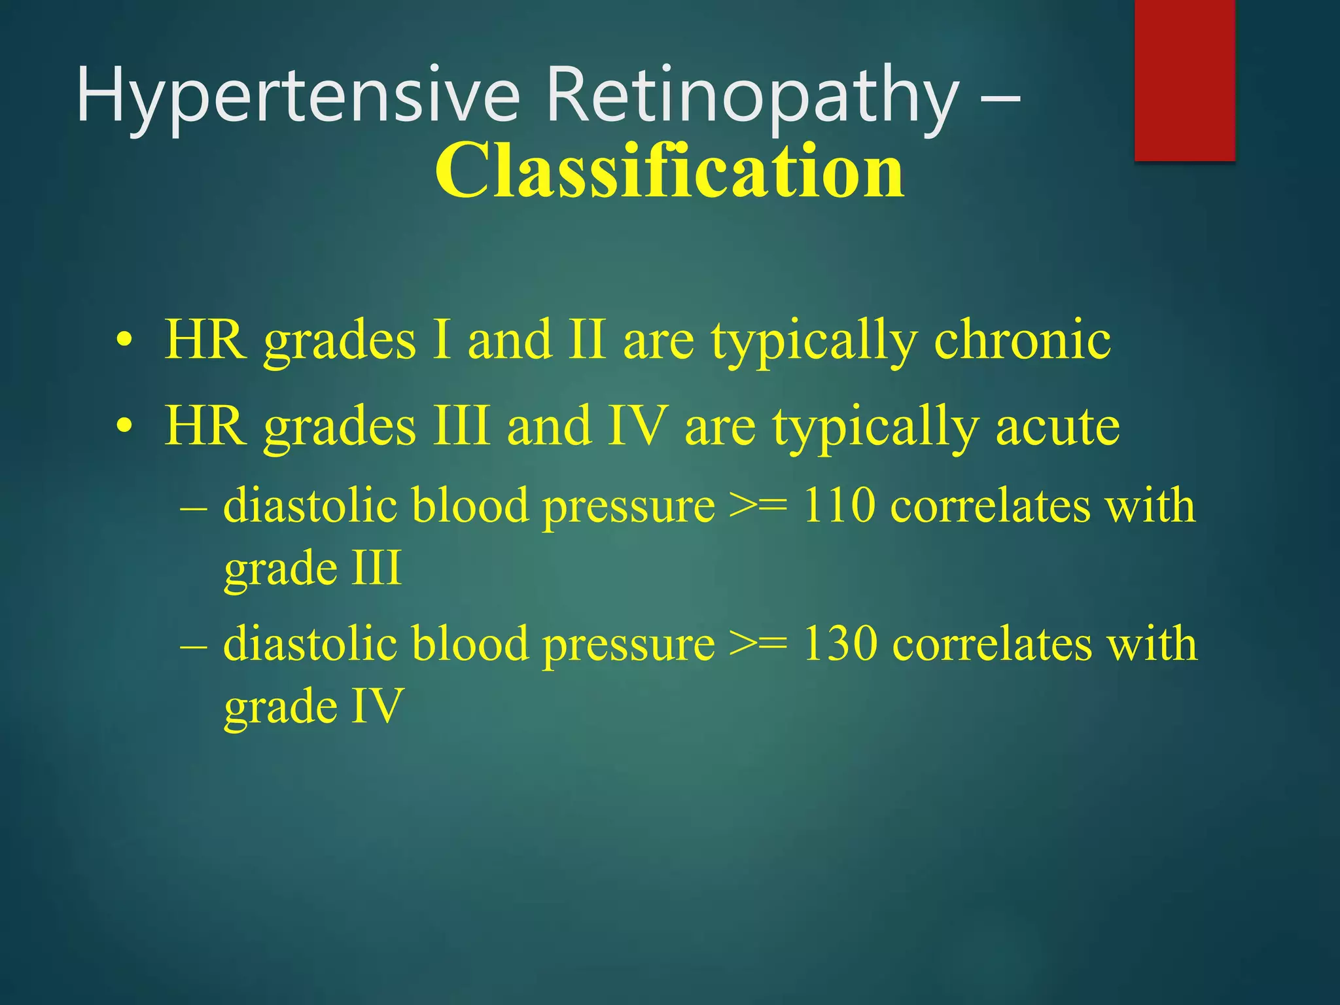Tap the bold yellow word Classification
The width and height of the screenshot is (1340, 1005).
click(x=669, y=171)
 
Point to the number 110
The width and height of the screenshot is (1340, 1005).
click(x=838, y=506)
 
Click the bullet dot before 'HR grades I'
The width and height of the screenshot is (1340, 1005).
click(x=124, y=342)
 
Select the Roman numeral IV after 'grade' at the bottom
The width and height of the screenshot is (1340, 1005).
click(x=377, y=705)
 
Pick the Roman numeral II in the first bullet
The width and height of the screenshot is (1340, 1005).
click(x=586, y=340)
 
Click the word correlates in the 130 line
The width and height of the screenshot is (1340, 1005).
click(x=992, y=644)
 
